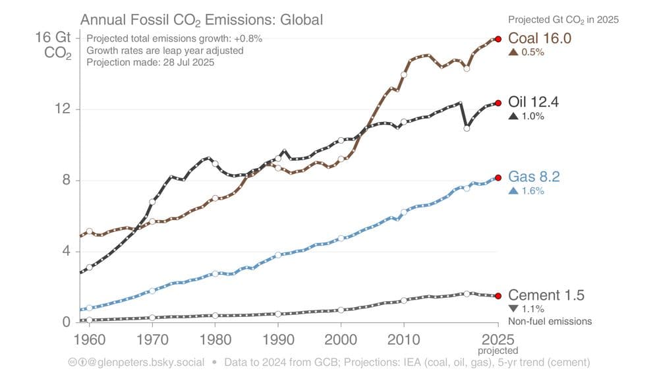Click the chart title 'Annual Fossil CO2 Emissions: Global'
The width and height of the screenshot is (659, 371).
coord(202,20)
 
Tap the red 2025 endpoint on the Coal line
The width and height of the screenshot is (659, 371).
coord(498,39)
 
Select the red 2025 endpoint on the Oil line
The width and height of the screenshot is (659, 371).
coord(498,103)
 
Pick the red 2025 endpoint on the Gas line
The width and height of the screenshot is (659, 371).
coord(498,177)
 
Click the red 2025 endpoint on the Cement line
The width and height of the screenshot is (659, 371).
coord(498,296)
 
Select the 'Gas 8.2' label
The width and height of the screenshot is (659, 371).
coord(534,177)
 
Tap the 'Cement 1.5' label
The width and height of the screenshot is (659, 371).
coord(546,295)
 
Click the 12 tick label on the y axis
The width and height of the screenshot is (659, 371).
coord(62,109)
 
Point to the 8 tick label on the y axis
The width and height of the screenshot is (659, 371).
coord(66,181)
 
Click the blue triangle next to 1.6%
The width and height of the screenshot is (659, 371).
coord(513,191)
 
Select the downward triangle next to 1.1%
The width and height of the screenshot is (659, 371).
coord(513,308)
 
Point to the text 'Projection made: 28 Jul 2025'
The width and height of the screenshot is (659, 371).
coord(151,63)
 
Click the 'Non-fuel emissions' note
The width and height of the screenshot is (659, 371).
coord(550,322)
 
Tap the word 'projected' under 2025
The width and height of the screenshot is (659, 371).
coord(498,351)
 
